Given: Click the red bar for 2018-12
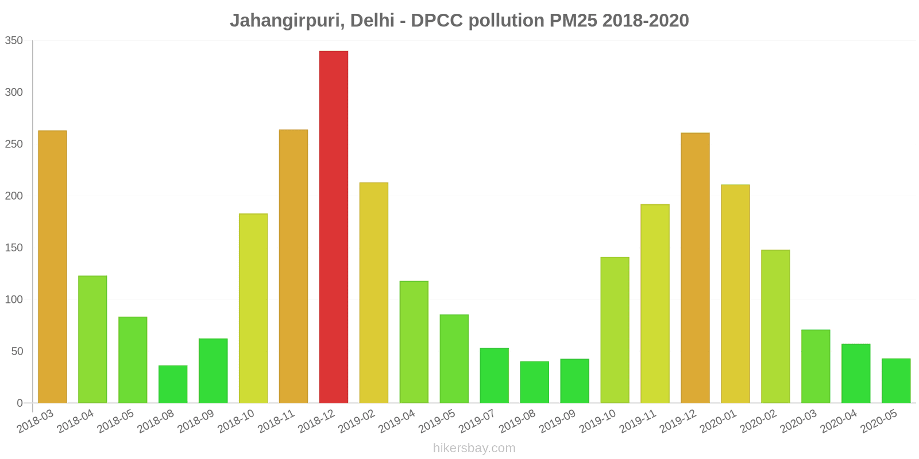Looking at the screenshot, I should tap(334, 227).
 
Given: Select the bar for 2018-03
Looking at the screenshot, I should tap(52, 267).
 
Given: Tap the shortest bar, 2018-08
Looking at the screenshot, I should tap(173, 384).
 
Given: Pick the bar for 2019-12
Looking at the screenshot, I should tap(695, 268).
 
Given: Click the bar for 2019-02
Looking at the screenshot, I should tap(374, 293).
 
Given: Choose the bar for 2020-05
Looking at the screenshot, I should tap(896, 380).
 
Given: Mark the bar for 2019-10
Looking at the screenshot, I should tap(615, 330).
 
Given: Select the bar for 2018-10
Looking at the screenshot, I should tap(253, 308).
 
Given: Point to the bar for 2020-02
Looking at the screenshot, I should tap(775, 326).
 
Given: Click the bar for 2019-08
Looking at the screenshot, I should tap(535, 382).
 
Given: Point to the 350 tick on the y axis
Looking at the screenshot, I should tap(14, 41).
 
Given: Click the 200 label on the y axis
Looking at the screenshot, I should tap(14, 196).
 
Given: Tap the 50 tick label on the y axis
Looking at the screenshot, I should tap(17, 351).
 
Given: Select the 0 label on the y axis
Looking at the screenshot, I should tap(20, 403).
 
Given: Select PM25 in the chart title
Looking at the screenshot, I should tap(573, 21).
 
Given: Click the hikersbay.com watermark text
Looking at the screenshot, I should tap(474, 448).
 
